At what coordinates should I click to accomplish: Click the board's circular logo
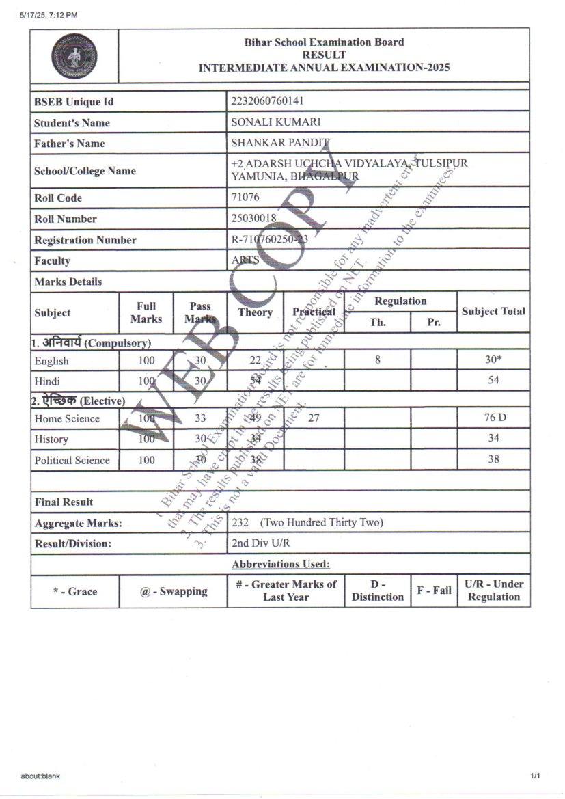[74, 56]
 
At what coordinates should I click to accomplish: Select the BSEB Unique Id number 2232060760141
[268, 101]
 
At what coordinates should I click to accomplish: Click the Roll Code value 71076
[246, 198]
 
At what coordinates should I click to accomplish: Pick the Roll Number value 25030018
[254, 219]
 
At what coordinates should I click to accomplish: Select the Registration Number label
[85, 240]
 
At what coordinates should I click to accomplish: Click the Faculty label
[52, 260]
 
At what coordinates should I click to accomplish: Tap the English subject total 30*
[493, 360]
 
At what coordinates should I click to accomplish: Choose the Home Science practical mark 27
[314, 418]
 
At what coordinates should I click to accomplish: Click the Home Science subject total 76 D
[493, 418]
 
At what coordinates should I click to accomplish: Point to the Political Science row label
[72, 460]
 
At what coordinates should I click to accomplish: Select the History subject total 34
[493, 438]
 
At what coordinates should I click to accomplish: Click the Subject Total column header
[493, 312]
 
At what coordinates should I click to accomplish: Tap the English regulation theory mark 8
[378, 360]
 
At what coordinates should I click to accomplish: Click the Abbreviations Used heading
[281, 564]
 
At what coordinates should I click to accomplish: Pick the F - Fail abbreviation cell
[434, 591]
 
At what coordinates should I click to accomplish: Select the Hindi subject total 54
[493, 380]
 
